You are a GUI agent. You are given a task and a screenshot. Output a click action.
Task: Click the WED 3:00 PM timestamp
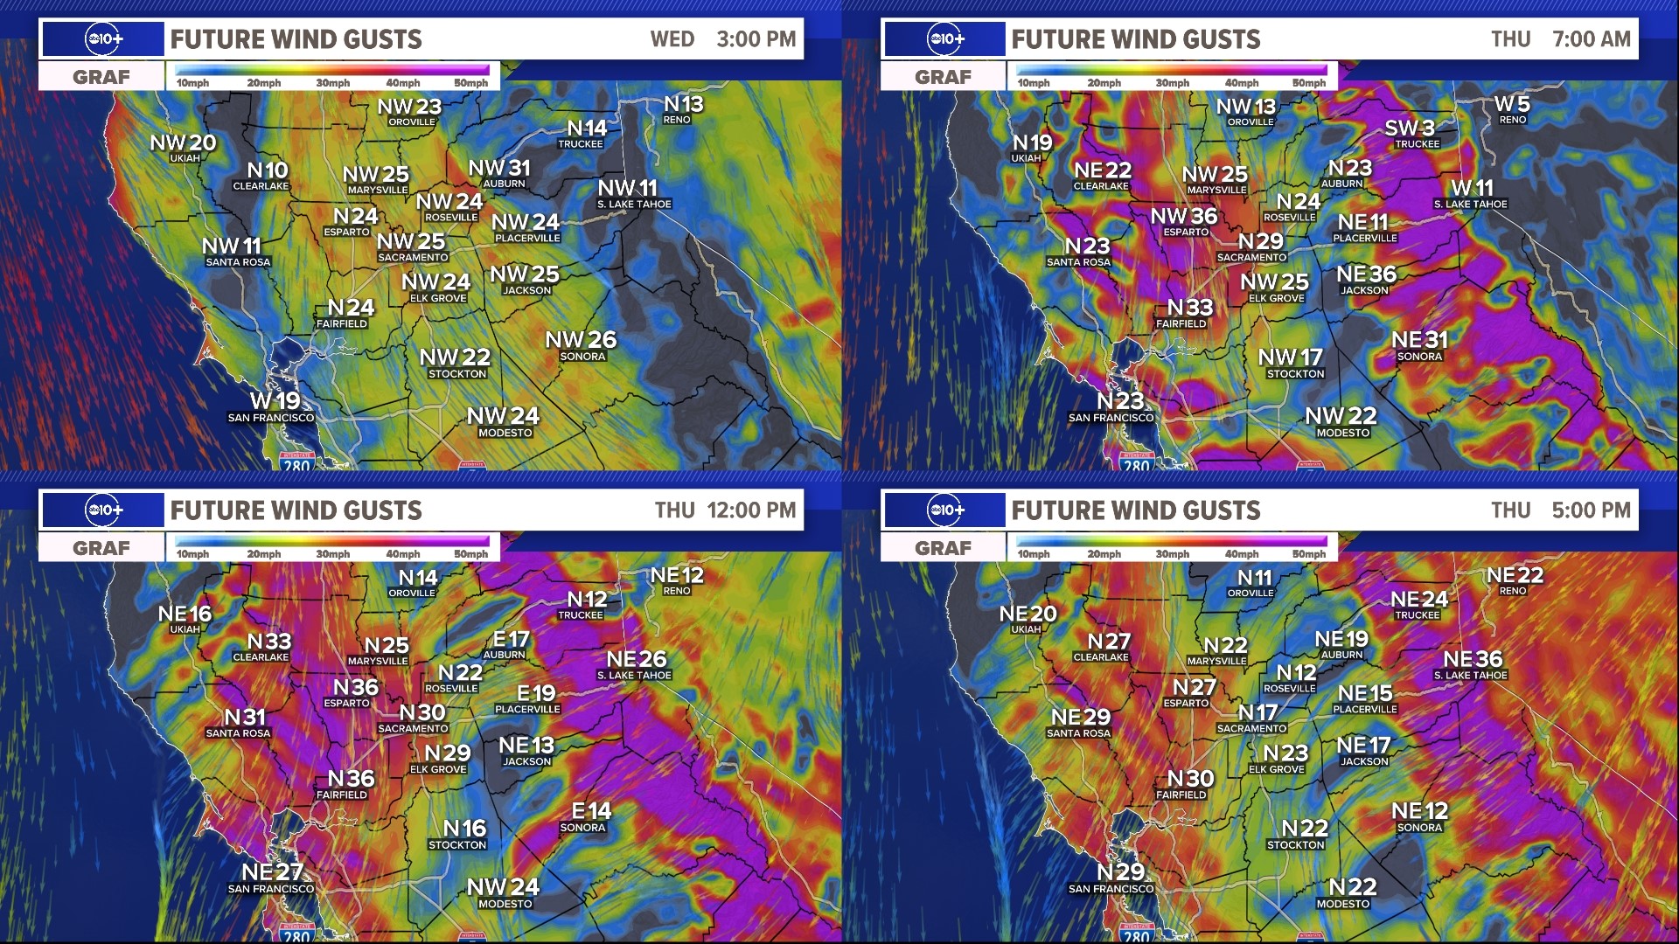click(x=722, y=39)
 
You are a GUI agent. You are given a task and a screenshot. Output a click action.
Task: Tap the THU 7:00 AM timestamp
click(x=1560, y=39)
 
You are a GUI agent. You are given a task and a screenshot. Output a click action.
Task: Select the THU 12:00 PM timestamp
click(x=725, y=510)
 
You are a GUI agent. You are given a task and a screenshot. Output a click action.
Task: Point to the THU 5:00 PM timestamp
click(x=1560, y=510)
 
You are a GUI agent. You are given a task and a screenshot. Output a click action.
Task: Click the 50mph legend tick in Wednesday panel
click(x=470, y=83)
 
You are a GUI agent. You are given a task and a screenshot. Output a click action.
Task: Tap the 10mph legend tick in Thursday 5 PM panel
click(x=1034, y=554)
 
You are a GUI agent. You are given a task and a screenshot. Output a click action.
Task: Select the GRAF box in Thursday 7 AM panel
click(x=943, y=77)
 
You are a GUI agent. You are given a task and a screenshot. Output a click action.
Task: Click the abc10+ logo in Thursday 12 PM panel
click(x=103, y=510)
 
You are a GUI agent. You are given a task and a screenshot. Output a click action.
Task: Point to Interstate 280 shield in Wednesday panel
click(x=296, y=463)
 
